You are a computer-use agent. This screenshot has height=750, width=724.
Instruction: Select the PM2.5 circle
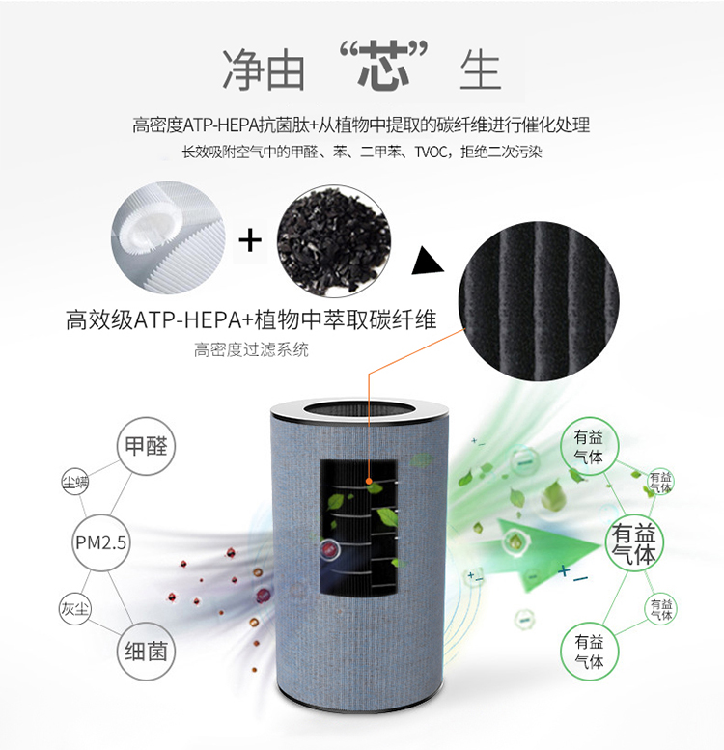pyautogui.click(x=100, y=542)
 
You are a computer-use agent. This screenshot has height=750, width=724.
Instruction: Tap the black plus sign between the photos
pyautogui.click(x=251, y=237)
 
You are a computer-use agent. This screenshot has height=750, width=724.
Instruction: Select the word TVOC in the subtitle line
pyautogui.click(x=432, y=153)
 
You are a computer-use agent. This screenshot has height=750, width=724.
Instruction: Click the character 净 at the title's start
pyautogui.click(x=243, y=68)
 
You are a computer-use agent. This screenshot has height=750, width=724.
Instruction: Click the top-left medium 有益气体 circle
pyautogui.click(x=588, y=447)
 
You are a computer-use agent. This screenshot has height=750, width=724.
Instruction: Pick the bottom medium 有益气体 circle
pyautogui.click(x=589, y=652)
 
